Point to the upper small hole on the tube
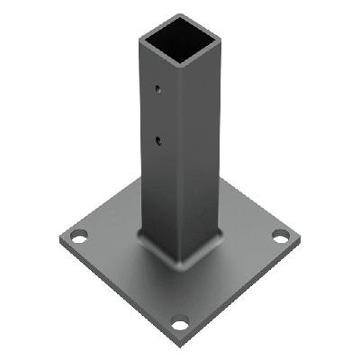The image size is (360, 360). [x=157, y=89]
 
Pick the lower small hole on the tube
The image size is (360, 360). [x=158, y=139]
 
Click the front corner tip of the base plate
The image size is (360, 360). [x=180, y=345]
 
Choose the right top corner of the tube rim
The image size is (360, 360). [x=220, y=37]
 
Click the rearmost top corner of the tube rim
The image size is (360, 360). [x=179, y=16]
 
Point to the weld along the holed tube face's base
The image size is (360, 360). [x=157, y=247]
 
